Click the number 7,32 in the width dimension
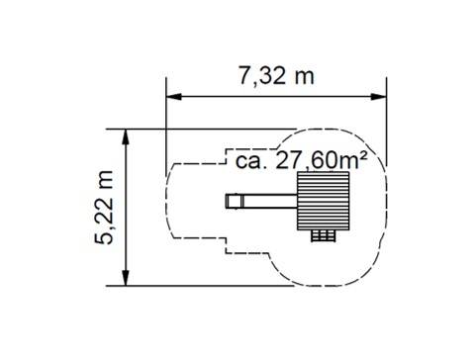[x=262, y=77]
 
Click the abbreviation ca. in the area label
[x=251, y=161]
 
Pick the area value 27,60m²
[x=321, y=160]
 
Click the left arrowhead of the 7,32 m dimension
[x=174, y=97]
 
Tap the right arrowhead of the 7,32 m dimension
[x=378, y=97]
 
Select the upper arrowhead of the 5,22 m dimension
[x=126, y=137]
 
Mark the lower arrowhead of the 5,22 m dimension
[x=126, y=278]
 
